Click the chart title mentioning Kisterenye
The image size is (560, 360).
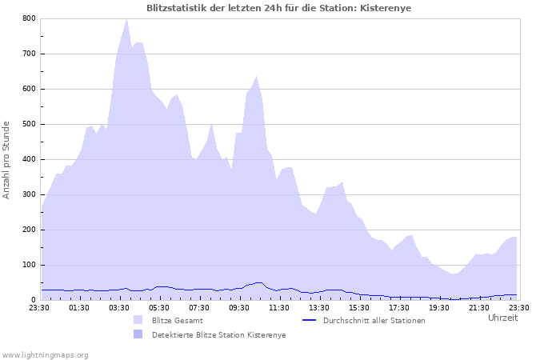pyautogui.click(x=280, y=8)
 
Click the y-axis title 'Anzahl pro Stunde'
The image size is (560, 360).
pyautogui.click(x=7, y=159)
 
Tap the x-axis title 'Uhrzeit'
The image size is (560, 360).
pyautogui.click(x=502, y=318)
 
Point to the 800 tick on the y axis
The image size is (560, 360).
pyautogui.click(x=29, y=18)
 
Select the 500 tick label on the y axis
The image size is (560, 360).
pyautogui.click(x=29, y=124)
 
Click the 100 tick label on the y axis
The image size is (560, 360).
pyautogui.click(x=29, y=265)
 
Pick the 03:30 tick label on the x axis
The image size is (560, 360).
pyautogui.click(x=119, y=307)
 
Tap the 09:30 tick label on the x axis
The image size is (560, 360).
pyautogui.click(x=239, y=307)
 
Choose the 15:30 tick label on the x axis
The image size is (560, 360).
pyautogui.click(x=359, y=307)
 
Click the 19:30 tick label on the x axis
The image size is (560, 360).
pyautogui.click(x=439, y=307)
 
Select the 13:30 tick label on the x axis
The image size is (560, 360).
pyautogui.click(x=319, y=307)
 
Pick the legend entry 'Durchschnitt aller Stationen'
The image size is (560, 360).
pyautogui.click(x=374, y=320)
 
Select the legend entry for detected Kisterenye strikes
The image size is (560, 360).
pyautogui.click(x=218, y=334)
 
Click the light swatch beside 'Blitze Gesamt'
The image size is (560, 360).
pyautogui.click(x=138, y=320)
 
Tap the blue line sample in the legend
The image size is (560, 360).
pyautogui.click(x=310, y=320)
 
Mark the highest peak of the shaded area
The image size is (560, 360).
pyautogui.click(x=126, y=20)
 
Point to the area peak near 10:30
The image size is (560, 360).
pyautogui.click(x=256, y=77)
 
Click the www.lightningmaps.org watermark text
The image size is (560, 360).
pyautogui.click(x=45, y=354)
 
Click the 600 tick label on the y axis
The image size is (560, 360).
pyautogui.click(x=29, y=89)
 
